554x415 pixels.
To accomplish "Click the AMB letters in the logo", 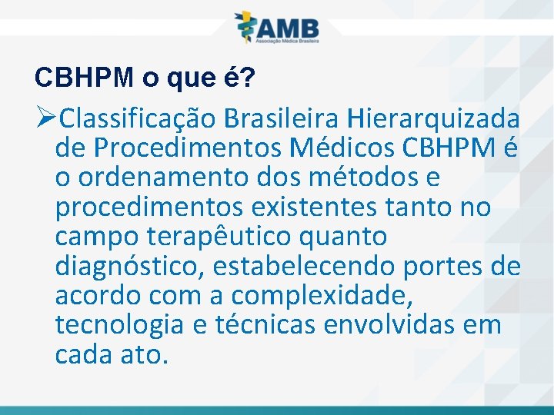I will point(288,27).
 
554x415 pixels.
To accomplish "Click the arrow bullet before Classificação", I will point(45,119).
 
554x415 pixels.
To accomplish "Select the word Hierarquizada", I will point(433,119).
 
